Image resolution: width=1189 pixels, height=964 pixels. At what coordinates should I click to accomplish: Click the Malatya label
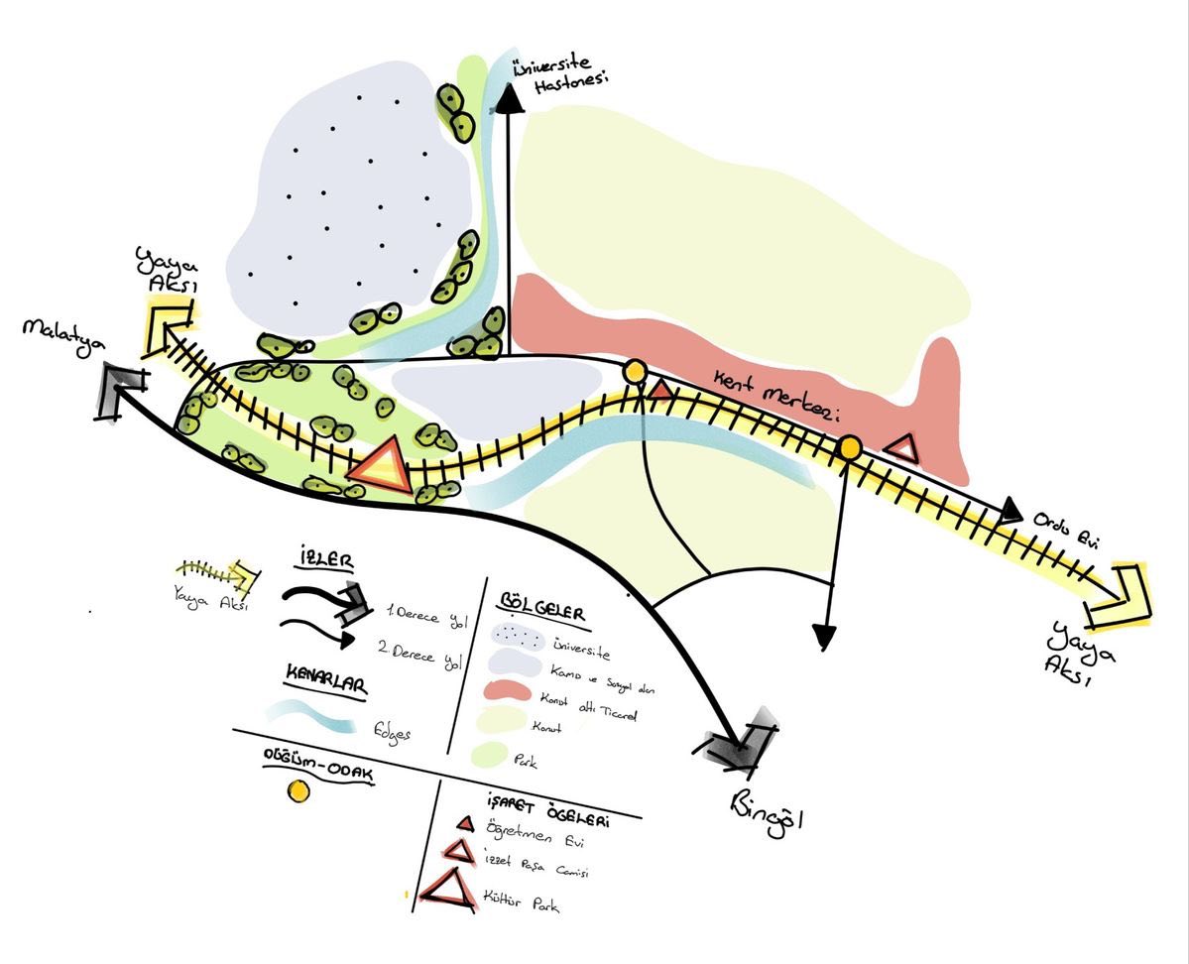[x=59, y=330]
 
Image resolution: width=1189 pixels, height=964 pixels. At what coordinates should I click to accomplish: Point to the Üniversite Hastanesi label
[x=550, y=78]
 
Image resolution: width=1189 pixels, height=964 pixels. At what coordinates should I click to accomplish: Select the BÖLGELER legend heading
[x=543, y=606]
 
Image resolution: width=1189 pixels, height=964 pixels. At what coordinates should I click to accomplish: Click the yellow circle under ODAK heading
[x=297, y=790]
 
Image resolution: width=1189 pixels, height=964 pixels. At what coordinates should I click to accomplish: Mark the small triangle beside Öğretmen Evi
[x=463, y=825]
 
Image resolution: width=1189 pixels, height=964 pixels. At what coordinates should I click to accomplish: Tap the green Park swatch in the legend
[x=505, y=757]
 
